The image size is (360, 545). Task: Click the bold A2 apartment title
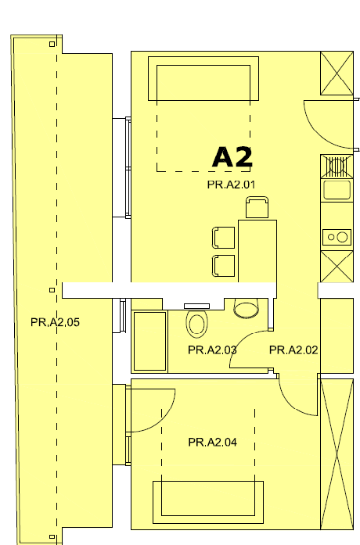[232, 157]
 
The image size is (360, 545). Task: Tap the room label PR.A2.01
[231, 185]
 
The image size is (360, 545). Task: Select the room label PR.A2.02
[293, 350]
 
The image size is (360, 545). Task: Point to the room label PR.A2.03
[212, 350]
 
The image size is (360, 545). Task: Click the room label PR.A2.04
[213, 442]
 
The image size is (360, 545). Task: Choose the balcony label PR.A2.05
[55, 322]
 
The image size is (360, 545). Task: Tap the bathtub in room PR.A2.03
[149, 341]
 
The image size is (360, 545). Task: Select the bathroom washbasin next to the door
[247, 308]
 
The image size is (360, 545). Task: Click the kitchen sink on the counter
[337, 190]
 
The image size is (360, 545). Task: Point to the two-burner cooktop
[337, 237]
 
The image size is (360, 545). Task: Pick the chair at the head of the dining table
[257, 207]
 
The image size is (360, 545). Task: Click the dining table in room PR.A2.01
[257, 251]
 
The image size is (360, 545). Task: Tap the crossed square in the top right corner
[337, 73]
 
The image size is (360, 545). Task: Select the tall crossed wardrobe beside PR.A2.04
[337, 454]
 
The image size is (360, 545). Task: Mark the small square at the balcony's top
[52, 44]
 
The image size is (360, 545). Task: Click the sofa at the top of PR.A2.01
[203, 78]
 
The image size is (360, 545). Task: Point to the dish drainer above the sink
[337, 166]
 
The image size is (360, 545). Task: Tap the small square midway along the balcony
[52, 290]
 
